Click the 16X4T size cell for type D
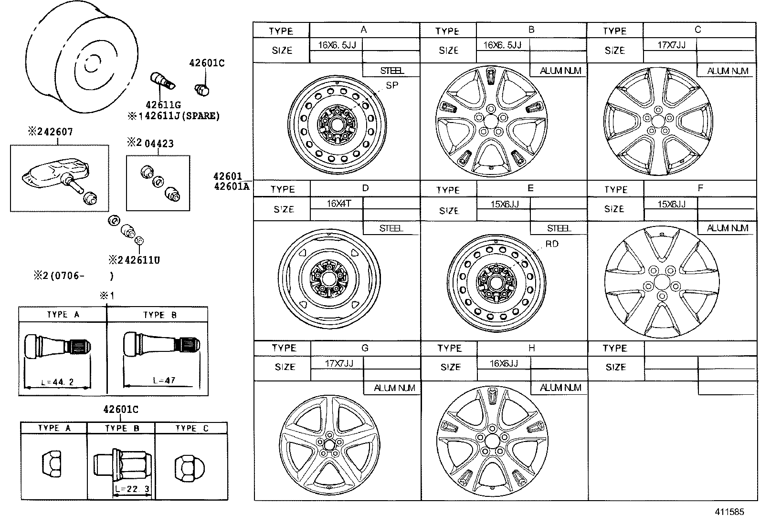coord(338,204)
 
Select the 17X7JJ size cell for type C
coord(671,45)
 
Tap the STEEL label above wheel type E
coord(559,228)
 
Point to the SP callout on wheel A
coord(392,85)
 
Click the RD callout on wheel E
coord(552,244)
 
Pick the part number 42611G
coord(163,105)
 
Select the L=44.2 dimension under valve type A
coord(57,382)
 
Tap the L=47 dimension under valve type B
coord(164,380)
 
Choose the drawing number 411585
coord(729,512)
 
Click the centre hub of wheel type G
coord(329,443)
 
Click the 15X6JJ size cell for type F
coord(671,204)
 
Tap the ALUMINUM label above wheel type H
coord(560,388)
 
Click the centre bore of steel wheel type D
coord(328,278)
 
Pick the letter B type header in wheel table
coord(531,30)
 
